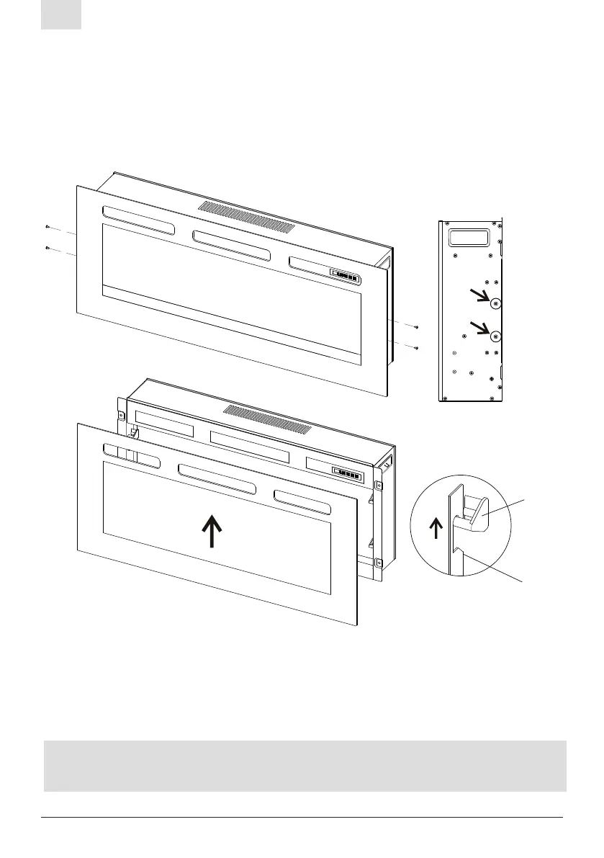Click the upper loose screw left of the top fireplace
coord(47,227)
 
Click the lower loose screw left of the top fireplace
coord(47,248)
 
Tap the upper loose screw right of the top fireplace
coord(417,328)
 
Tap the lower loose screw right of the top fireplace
coord(417,349)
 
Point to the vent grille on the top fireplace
coord(246,217)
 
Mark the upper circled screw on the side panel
coord(495,304)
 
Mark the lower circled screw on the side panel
coord(495,336)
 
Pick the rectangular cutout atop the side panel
coord(468,237)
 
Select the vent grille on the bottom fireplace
coord(268,421)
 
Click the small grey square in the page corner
coord(60,15)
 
